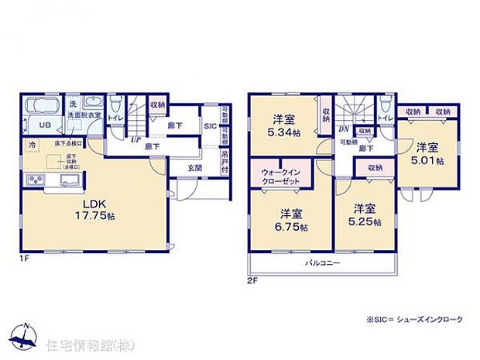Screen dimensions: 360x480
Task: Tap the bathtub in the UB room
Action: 39,108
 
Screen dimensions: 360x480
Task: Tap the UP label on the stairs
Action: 135,140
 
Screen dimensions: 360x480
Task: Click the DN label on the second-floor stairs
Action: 343,129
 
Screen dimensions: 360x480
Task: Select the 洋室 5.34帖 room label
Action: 284,125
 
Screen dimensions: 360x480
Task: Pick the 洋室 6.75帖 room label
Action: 290,220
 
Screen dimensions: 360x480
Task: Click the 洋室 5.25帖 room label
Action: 367,214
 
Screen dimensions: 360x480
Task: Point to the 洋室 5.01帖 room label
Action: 428,153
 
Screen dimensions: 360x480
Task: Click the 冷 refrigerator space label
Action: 33,146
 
